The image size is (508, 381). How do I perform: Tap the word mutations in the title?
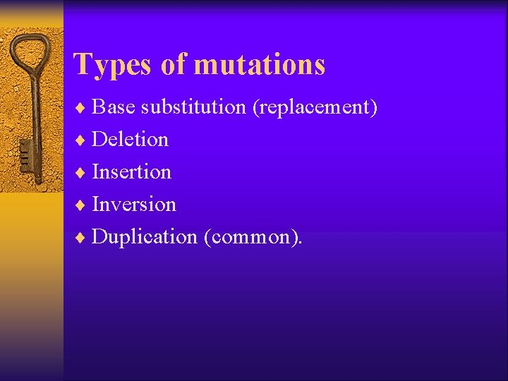pos(259,64)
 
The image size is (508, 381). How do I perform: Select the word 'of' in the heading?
pos(172,64)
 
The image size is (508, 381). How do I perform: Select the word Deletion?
pos(130,140)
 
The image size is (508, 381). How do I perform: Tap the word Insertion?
pos(131,171)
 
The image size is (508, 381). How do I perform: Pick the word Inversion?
pos(134,204)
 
